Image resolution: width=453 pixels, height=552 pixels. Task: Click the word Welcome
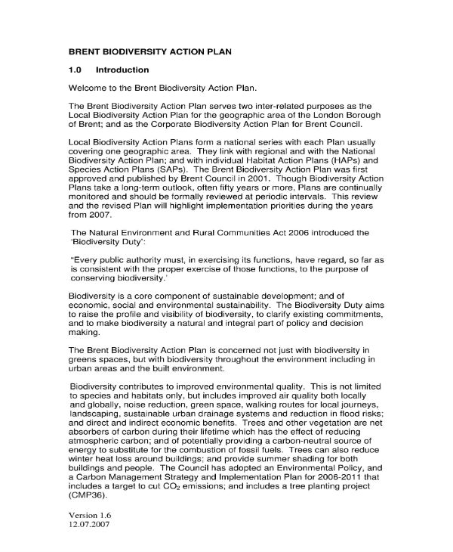coord(89,88)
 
